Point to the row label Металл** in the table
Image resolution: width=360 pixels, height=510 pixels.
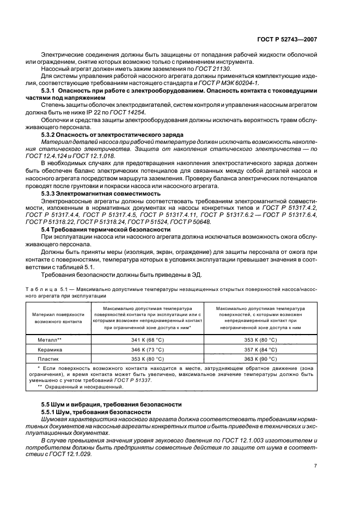pos(49,339)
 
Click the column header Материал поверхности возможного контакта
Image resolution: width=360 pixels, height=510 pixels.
pos(58,318)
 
